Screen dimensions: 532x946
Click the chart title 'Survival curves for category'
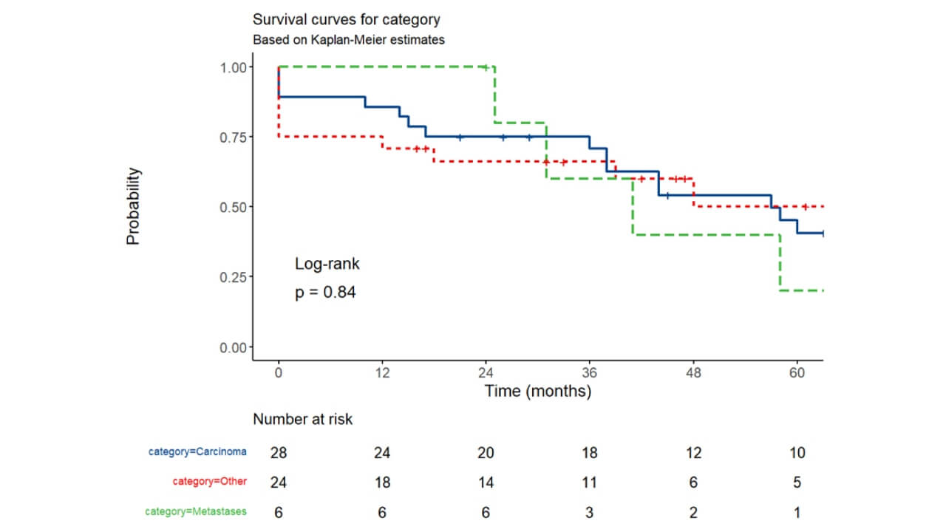[346, 19]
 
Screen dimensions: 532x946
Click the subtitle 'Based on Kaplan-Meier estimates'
[348, 40]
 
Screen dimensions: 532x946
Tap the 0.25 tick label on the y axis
[234, 277]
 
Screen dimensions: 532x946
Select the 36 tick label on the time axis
[589, 373]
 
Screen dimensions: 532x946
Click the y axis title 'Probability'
[133, 206]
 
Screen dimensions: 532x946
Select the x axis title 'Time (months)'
[537, 392]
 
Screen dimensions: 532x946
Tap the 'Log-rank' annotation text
[327, 264]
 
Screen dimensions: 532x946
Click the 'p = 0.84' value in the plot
[325, 293]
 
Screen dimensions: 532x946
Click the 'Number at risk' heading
[303, 420]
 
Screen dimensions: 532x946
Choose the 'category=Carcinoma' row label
[197, 451]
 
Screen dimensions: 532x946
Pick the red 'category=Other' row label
[210, 482]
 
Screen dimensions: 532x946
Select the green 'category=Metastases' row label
[196, 511]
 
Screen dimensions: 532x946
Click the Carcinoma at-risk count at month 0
[278, 452]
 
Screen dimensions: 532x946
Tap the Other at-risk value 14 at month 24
[486, 482]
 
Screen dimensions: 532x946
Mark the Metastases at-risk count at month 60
[797, 512]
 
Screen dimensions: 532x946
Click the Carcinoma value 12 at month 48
[693, 452]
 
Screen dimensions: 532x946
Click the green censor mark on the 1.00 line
[485, 67]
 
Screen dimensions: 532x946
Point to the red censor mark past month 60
[805, 207]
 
